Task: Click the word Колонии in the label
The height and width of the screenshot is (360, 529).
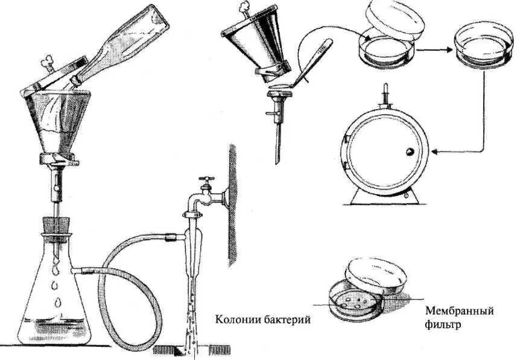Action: point(235,320)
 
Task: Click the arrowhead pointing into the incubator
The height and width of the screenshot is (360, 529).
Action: point(435,151)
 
